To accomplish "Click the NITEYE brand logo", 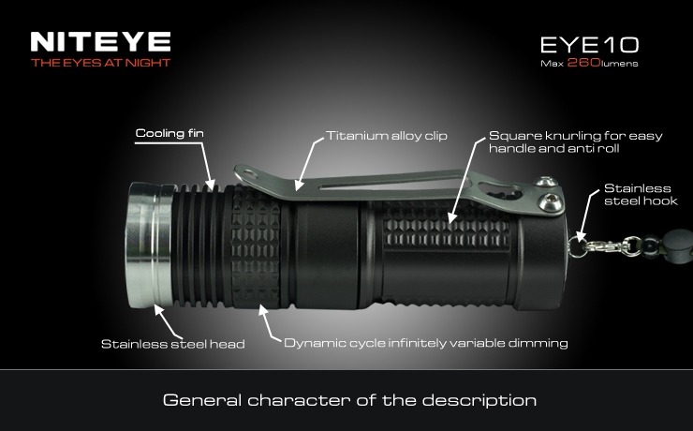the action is point(101,41).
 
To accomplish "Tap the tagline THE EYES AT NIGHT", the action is point(101,63).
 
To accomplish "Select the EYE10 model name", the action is point(590,45).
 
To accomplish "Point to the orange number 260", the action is point(583,63).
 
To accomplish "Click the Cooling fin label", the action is point(170,133).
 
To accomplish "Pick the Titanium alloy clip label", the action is point(387,135).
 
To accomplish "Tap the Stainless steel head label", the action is point(173,344).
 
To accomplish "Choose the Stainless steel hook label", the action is point(641,195).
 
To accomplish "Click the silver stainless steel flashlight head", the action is point(150,245).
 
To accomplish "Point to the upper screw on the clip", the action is point(545,181).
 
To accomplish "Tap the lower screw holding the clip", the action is point(552,201).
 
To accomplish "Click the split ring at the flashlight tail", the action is point(576,246).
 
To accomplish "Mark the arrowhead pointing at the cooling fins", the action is point(211,185).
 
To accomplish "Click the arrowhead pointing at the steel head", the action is point(158,309).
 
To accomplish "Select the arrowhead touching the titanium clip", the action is point(300,186).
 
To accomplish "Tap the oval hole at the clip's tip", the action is point(249,173).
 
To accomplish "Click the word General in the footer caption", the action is point(202,400).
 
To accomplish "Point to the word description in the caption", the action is point(479,401).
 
